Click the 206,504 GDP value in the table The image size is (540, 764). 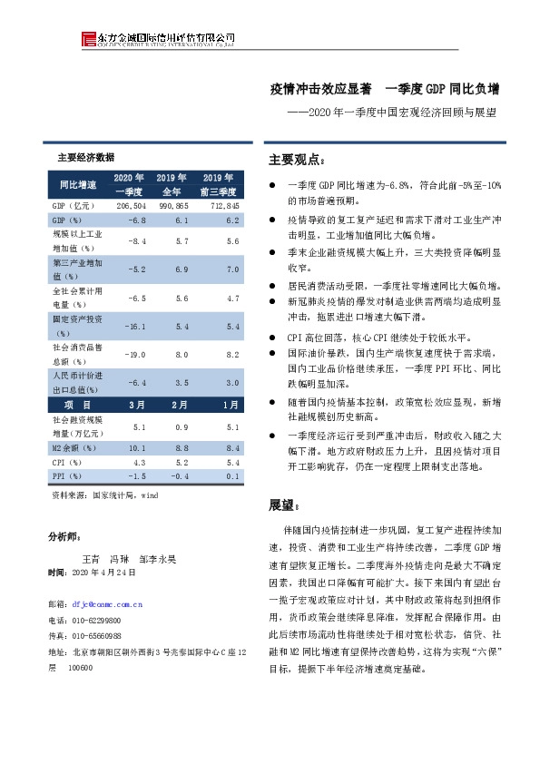point(131,207)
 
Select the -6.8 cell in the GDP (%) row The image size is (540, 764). point(137,220)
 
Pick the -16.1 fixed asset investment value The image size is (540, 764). point(135,325)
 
